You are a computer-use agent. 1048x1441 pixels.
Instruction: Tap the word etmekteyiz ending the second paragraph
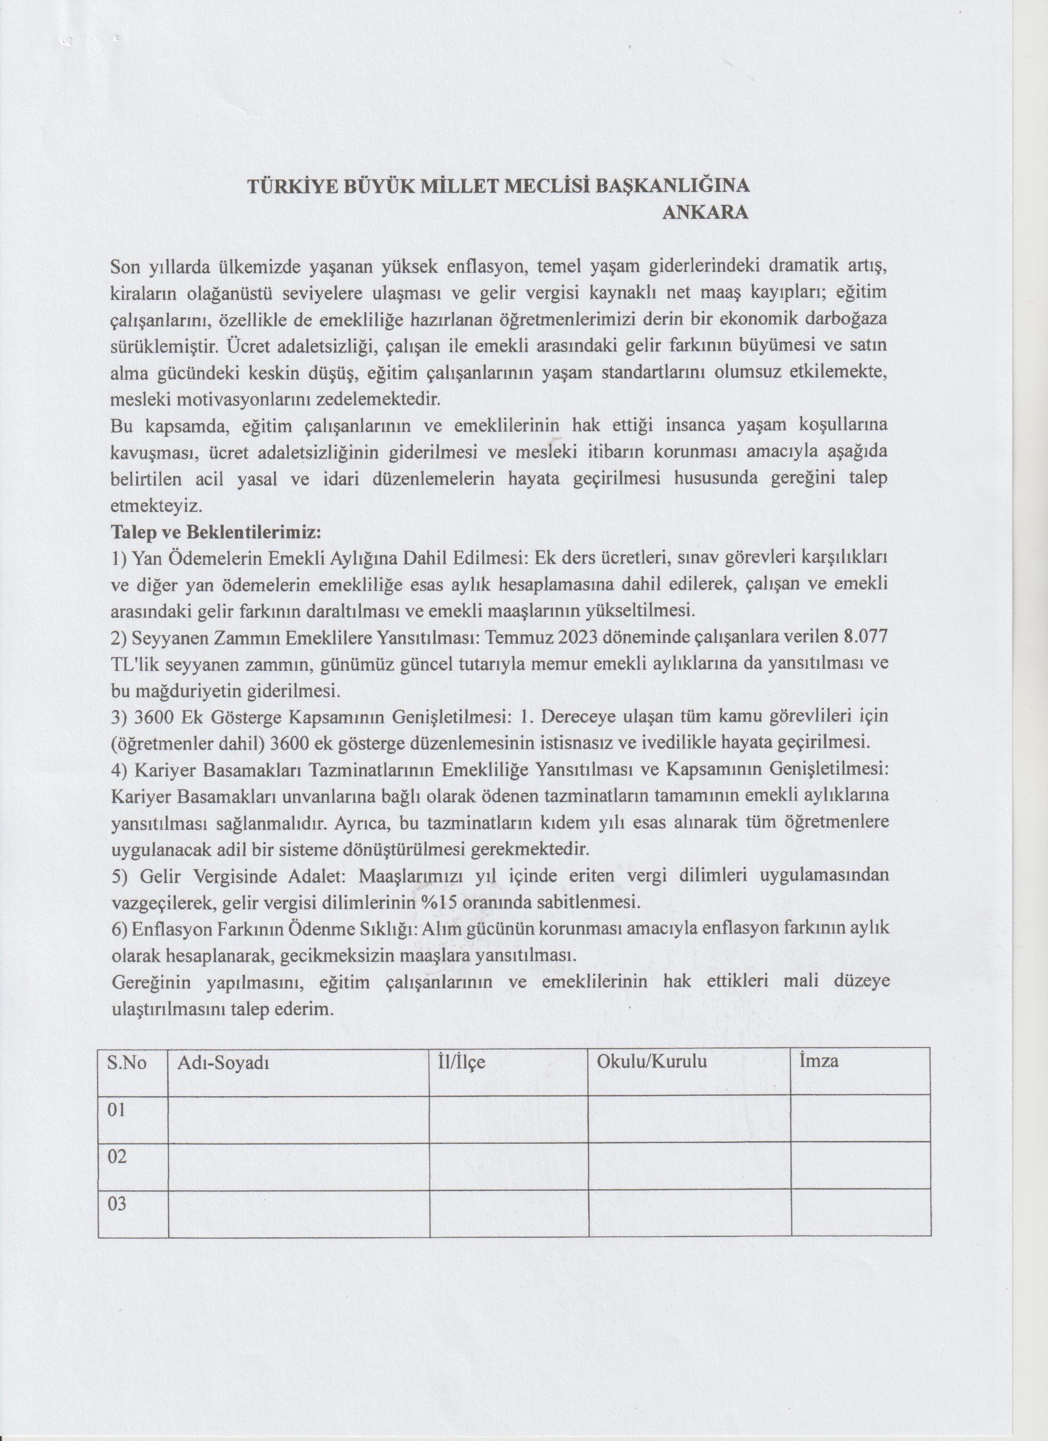[156, 506]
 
